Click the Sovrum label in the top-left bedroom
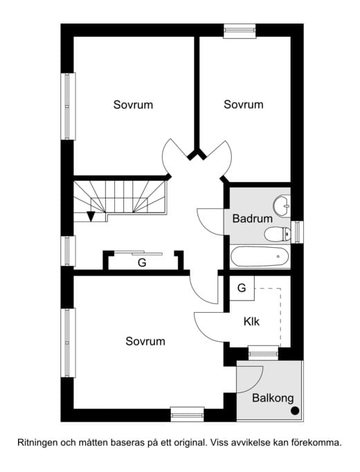(133, 105)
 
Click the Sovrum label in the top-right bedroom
(244, 105)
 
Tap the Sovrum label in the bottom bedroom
(145, 341)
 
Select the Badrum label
(252, 218)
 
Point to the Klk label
(251, 322)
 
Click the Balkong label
(273, 398)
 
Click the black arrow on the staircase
(91, 216)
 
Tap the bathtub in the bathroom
(260, 255)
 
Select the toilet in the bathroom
(277, 233)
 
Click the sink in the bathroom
(282, 206)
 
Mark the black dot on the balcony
(295, 411)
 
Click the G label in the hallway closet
(142, 263)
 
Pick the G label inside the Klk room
(242, 288)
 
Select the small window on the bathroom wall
(298, 231)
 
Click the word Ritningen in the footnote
(39, 441)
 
